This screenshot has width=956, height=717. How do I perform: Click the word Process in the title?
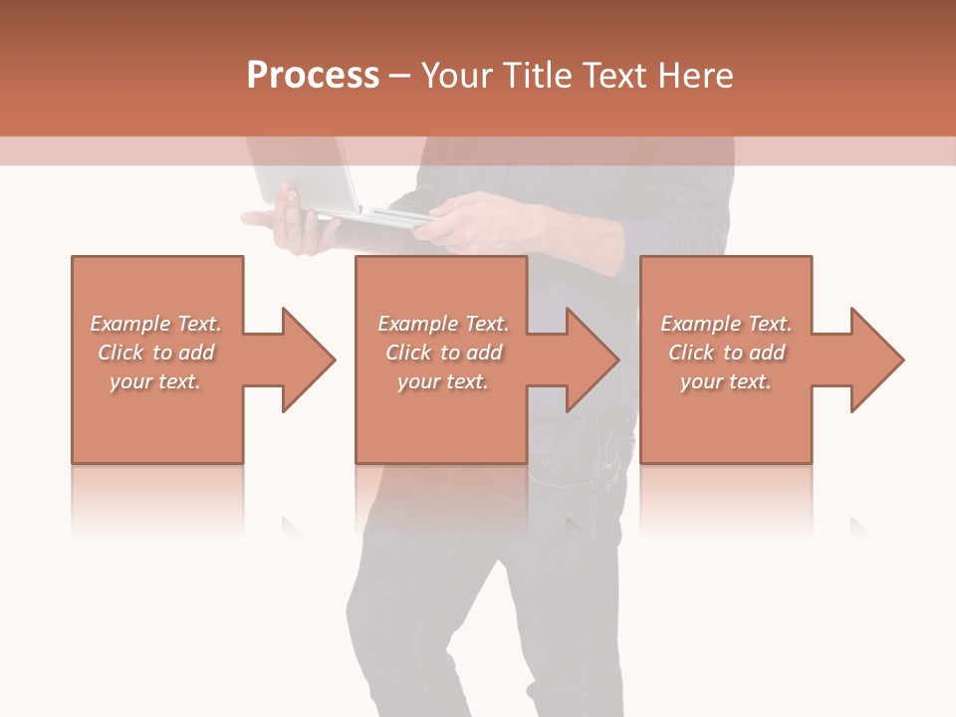[313, 76]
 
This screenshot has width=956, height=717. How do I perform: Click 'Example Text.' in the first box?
[156, 324]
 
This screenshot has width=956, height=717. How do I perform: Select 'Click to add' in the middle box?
[443, 353]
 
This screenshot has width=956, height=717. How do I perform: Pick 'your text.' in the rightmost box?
[726, 381]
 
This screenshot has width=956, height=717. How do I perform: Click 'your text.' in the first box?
[156, 381]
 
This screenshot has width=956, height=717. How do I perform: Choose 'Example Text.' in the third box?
[726, 324]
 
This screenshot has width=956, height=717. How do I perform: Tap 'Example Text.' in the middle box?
[443, 324]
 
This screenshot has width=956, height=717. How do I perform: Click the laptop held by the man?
[309, 184]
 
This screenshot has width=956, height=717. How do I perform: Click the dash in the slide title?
[400, 76]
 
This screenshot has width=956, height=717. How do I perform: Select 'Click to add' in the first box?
[156, 353]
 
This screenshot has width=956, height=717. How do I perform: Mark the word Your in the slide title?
[455, 76]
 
